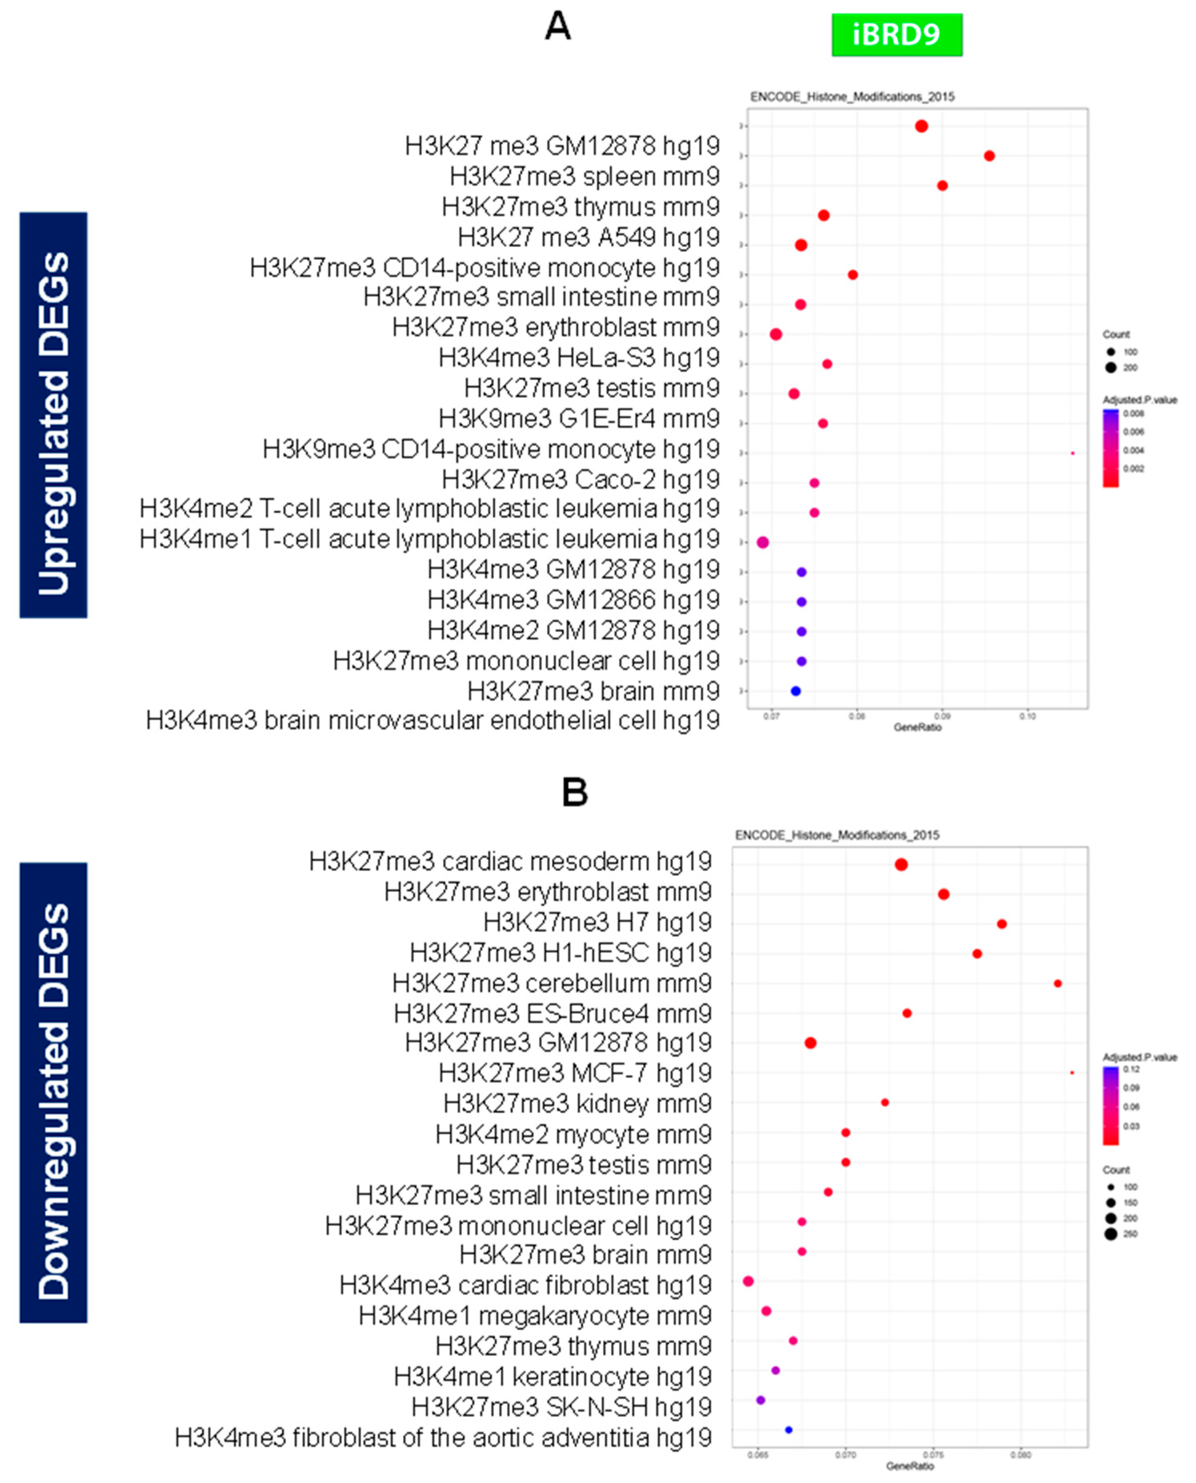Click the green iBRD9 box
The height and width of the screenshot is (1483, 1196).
(896, 34)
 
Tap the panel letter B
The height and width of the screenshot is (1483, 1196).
(574, 792)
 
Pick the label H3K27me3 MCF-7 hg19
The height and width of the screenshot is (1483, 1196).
(574, 1073)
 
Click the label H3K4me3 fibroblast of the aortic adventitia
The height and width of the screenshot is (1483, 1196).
(442, 1438)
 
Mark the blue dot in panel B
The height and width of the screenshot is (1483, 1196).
(789, 1430)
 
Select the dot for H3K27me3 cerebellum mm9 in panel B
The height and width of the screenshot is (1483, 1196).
(1058, 984)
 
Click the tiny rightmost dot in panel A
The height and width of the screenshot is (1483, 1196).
(1072, 453)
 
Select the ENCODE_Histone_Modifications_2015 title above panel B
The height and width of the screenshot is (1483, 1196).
(837, 835)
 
